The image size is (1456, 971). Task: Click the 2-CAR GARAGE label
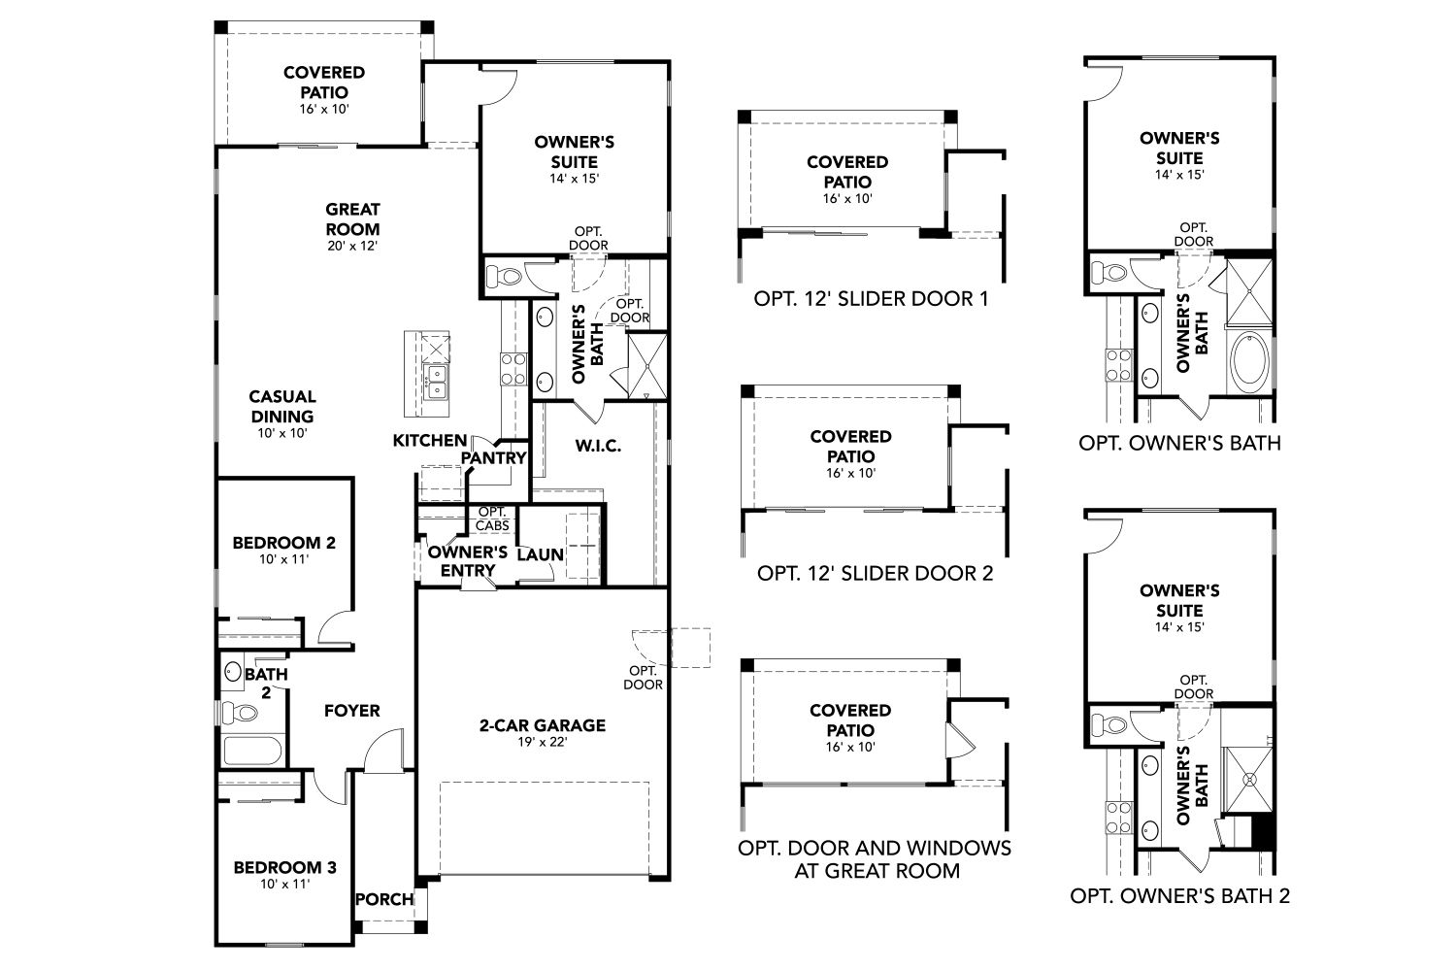(542, 725)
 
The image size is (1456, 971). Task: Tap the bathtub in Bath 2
(251, 752)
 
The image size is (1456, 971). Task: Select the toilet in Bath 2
(239, 714)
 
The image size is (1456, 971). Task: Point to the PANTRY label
(493, 457)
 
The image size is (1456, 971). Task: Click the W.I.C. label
(597, 446)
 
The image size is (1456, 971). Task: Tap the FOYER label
(351, 711)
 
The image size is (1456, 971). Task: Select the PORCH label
(384, 899)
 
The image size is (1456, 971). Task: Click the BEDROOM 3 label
(284, 867)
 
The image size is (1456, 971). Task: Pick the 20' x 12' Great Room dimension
(352, 246)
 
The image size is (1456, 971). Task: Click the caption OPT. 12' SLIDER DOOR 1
(871, 298)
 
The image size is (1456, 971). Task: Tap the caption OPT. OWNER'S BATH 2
(1179, 895)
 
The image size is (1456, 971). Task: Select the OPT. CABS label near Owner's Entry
(493, 519)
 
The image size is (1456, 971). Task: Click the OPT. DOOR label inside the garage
(645, 677)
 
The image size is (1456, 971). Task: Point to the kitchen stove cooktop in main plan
(513, 369)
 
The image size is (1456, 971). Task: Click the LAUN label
(540, 554)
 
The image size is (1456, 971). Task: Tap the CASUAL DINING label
(281, 406)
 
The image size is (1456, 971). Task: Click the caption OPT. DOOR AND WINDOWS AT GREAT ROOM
(875, 858)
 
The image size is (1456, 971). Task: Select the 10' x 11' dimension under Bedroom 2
(283, 561)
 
